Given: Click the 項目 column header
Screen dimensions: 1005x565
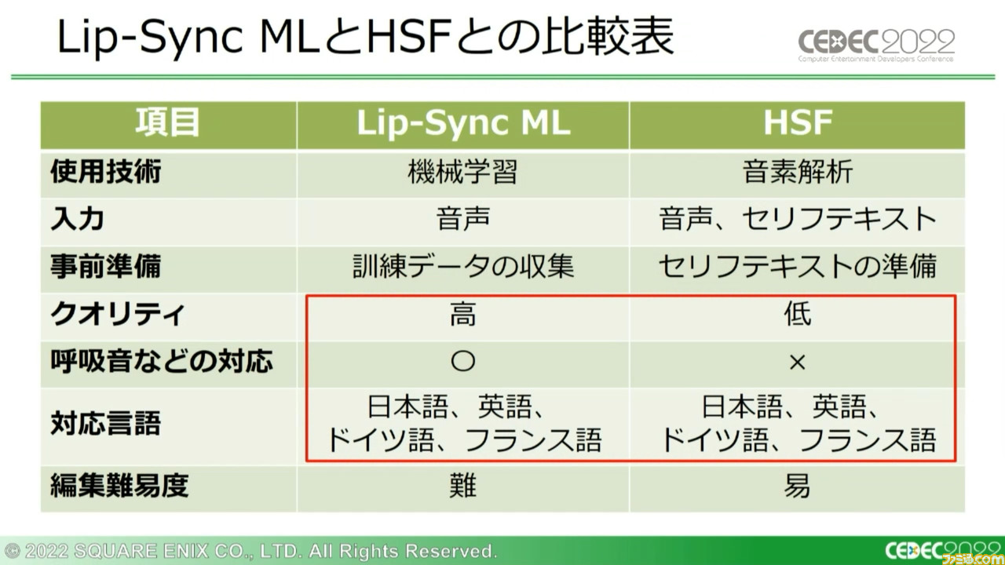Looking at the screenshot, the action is point(168,122).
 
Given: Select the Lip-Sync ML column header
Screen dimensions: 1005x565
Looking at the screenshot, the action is point(463,122).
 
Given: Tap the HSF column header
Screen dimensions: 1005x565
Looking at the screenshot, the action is point(798,122).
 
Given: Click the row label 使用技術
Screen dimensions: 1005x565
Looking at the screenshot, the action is point(106,172).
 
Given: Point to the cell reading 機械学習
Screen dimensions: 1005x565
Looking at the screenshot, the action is point(462,172).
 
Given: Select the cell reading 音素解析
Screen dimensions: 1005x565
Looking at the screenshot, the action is point(798,172).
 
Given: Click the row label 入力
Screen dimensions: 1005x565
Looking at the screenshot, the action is point(78,219).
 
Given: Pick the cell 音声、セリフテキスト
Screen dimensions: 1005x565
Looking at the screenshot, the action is point(798,219).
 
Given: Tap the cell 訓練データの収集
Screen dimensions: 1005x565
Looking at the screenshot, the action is point(463,266).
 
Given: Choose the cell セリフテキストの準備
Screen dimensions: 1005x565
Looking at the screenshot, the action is point(798,266).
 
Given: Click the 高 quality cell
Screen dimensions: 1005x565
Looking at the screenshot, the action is point(463,314).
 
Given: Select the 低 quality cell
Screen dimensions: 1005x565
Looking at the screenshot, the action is point(798,314).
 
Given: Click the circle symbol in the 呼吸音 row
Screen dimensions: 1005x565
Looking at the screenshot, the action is point(463,362).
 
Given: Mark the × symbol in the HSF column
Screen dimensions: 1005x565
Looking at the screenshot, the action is point(797,363).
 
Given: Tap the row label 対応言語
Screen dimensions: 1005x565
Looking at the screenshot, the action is point(106,424).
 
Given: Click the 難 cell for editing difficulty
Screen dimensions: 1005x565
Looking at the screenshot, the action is point(463,486).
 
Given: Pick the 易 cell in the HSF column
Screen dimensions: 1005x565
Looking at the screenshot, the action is point(797,486).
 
